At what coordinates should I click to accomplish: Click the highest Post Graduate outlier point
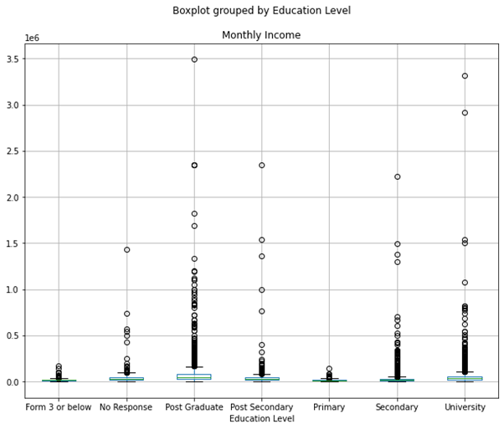pyautogui.click(x=194, y=59)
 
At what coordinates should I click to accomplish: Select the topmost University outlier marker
pyautogui.click(x=465, y=76)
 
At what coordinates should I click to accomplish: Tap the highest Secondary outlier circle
pyautogui.click(x=398, y=176)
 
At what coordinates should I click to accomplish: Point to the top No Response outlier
pyautogui.click(x=126, y=249)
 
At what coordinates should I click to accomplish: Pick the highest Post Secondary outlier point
pyautogui.click(x=262, y=165)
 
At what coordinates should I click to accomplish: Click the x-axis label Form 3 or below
pyautogui.click(x=59, y=407)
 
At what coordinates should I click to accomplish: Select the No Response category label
pyautogui.click(x=126, y=407)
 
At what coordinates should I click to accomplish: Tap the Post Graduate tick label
pyautogui.click(x=194, y=407)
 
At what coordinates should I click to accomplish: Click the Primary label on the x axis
pyautogui.click(x=330, y=407)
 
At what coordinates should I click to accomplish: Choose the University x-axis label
pyautogui.click(x=465, y=407)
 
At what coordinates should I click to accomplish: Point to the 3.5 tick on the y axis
pyautogui.click(x=13, y=59)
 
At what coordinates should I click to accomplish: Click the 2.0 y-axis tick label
pyautogui.click(x=13, y=197)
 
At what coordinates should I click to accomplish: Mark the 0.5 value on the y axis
pyautogui.click(x=13, y=336)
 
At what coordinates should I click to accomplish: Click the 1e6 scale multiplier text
pyautogui.click(x=33, y=38)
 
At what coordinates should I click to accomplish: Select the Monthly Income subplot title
pyautogui.click(x=261, y=35)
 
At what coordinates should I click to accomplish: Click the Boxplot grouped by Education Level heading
pyautogui.click(x=261, y=11)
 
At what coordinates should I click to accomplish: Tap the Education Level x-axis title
pyautogui.click(x=262, y=418)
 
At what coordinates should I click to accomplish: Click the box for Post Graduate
pyautogui.click(x=194, y=377)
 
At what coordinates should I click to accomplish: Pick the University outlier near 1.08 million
pyautogui.click(x=465, y=283)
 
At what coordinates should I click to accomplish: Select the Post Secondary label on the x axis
pyautogui.click(x=262, y=407)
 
